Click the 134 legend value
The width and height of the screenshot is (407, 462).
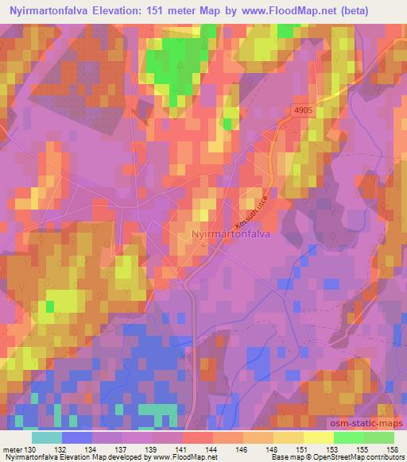tap(91, 449)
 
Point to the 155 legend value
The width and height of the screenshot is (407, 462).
tap(362, 449)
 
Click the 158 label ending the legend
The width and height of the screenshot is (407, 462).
tap(391, 449)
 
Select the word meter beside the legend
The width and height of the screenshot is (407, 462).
tap(13, 449)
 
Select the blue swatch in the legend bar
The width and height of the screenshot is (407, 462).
tap(76, 437)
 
